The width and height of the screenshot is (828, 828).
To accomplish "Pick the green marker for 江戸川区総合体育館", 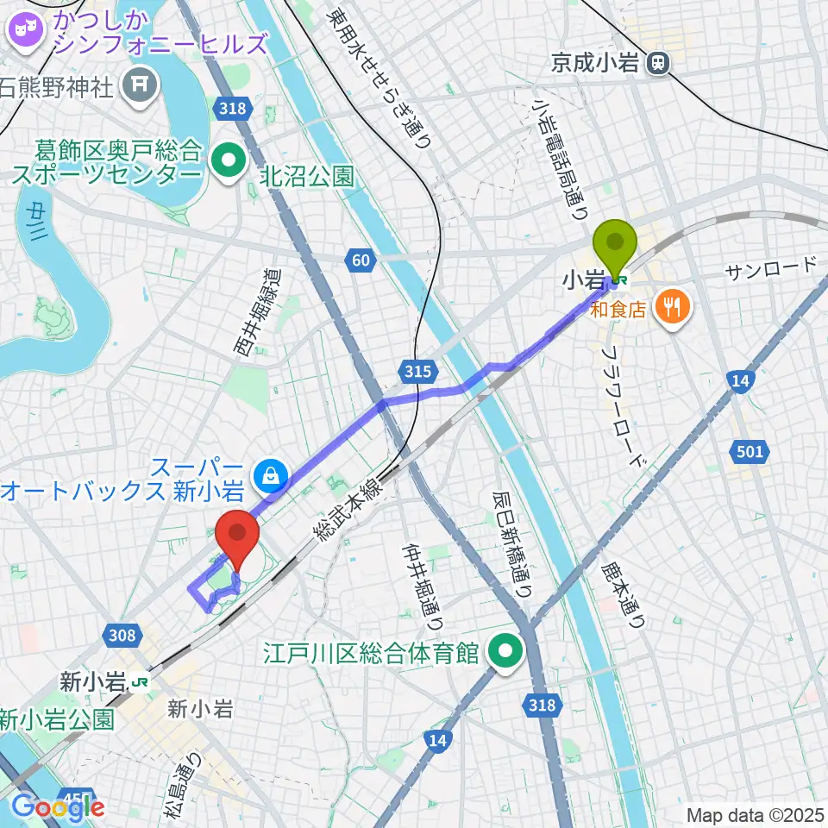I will tap(506, 652).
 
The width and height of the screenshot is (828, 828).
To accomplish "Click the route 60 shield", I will tap(361, 259).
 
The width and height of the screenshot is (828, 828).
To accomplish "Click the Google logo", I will tap(57, 807).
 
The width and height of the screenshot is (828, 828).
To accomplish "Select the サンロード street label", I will tap(769, 268).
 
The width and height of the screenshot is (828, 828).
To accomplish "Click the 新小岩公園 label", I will tap(57, 718).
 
